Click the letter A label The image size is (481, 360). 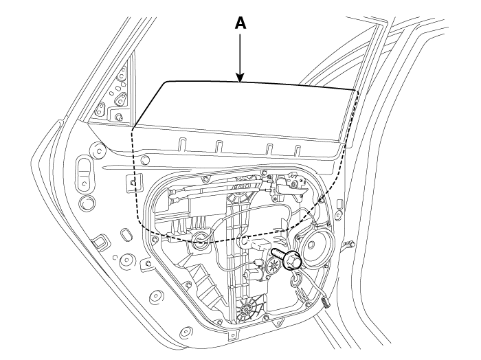(240, 23)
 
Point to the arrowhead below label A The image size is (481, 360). (240, 78)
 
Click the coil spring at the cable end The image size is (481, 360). (326, 302)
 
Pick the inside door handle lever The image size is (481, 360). (290, 188)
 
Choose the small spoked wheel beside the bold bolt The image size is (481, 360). (273, 265)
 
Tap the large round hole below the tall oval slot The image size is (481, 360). (87, 203)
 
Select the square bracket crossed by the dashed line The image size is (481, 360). (133, 183)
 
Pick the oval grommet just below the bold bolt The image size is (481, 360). (295, 280)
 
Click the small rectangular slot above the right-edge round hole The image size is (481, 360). (340, 203)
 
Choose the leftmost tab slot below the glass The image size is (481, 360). (182, 144)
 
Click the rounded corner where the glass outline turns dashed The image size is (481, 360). (133, 128)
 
